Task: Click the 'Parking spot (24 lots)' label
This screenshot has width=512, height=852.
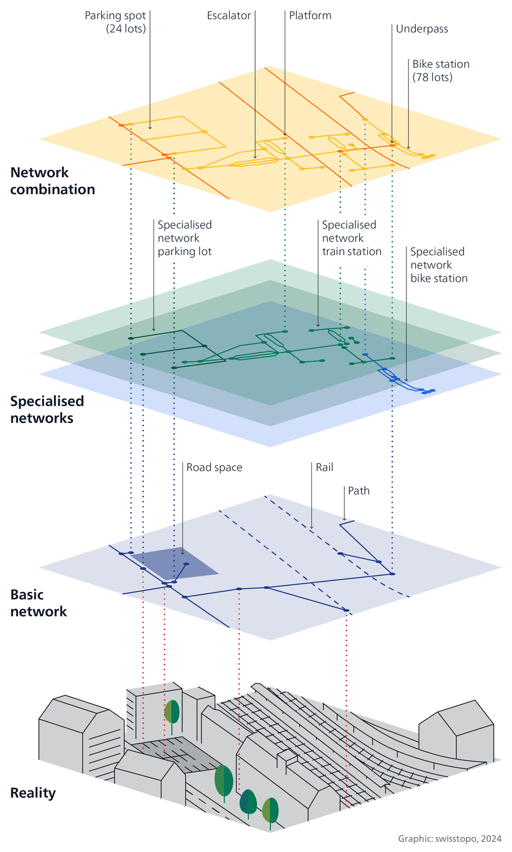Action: [115, 22]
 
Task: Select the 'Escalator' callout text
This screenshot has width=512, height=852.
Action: [228, 16]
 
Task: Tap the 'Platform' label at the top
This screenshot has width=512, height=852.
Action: [310, 16]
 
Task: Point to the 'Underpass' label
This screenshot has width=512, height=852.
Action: [422, 29]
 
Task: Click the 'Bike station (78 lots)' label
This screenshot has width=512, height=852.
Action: [432, 71]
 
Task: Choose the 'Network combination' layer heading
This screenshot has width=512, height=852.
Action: [52, 181]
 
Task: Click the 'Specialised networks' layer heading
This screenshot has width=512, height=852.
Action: [47, 410]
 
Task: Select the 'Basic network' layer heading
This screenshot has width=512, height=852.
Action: [39, 603]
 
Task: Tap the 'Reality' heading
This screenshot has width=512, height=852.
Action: [33, 793]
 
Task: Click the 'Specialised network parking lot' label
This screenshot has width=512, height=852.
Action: [185, 238]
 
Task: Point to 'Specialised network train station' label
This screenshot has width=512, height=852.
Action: [351, 238]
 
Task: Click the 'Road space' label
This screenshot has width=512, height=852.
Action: [214, 467]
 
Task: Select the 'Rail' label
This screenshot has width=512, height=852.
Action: [324, 467]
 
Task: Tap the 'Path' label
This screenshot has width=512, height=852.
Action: [359, 491]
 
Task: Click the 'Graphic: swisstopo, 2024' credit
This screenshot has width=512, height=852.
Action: [449, 838]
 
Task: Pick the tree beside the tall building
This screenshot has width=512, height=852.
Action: [172, 712]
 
